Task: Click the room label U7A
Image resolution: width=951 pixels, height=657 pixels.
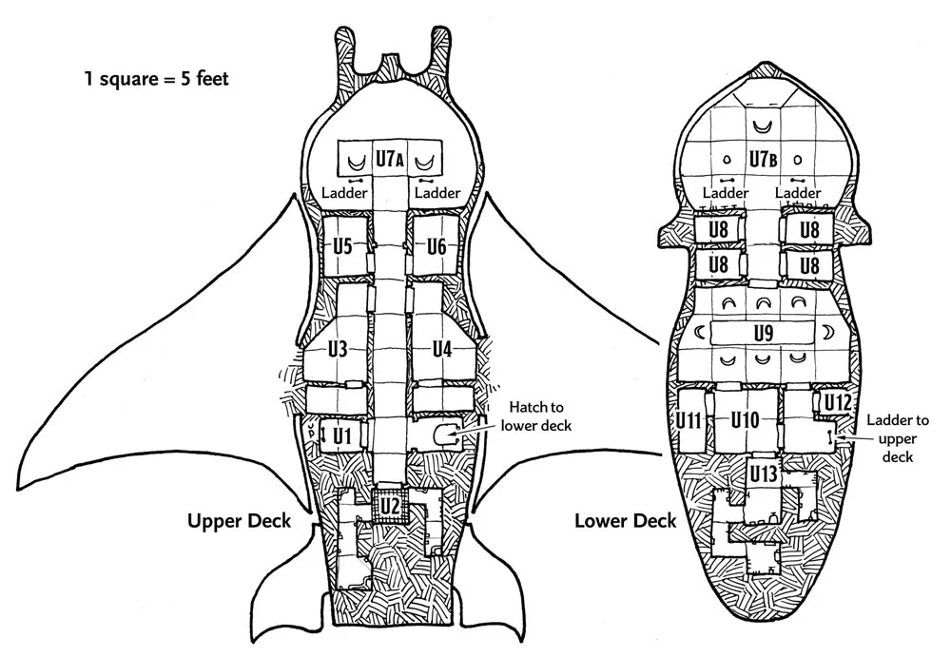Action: tap(391, 160)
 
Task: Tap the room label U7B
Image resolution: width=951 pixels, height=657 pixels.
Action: tap(763, 160)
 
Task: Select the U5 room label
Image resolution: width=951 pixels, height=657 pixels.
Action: tap(343, 246)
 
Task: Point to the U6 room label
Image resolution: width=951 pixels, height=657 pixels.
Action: tap(437, 246)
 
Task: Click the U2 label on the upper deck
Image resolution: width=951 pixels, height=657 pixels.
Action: tap(390, 506)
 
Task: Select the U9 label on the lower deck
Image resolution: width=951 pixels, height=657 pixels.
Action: tap(762, 333)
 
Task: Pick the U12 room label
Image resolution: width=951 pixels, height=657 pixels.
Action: tap(838, 402)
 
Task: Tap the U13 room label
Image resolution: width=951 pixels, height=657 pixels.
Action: tap(764, 473)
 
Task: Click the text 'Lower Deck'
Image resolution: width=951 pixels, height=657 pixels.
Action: tap(625, 520)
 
